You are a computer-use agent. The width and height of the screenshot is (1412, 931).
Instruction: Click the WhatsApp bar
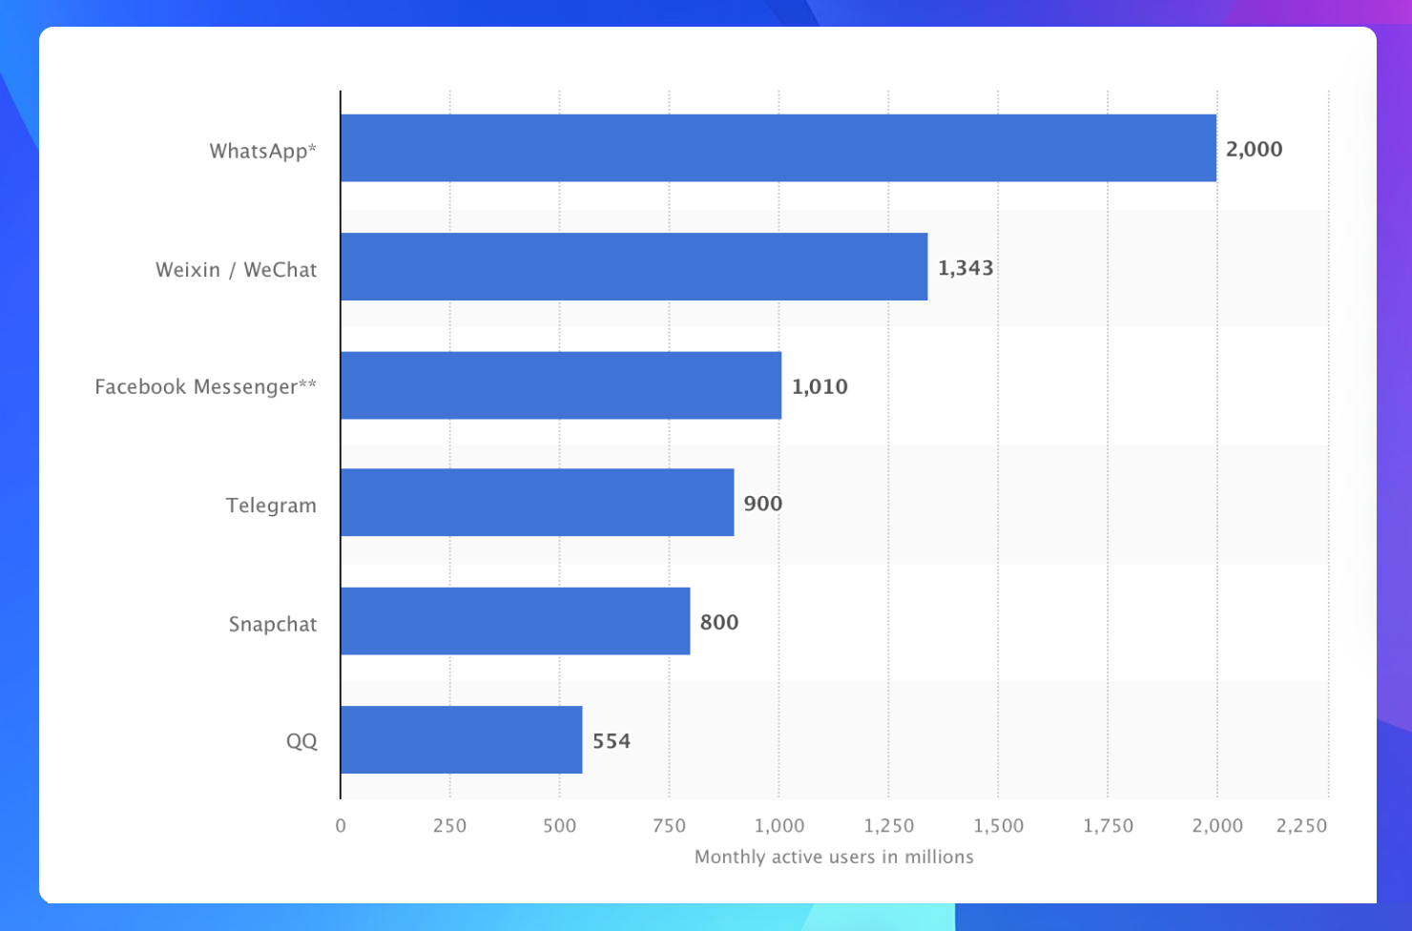778,148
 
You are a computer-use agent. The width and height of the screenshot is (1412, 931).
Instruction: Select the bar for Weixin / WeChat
633,267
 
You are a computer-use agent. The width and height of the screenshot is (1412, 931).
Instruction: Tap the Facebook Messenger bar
561,385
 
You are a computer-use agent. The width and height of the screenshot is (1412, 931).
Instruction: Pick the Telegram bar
537,503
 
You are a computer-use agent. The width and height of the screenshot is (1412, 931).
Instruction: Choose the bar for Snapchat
515,621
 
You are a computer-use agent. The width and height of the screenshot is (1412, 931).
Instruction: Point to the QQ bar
461,740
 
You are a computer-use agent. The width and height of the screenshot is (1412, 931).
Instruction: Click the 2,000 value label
1254,149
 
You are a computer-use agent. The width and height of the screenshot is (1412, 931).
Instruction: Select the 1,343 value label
966,268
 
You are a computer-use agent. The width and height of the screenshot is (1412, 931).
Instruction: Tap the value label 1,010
820,386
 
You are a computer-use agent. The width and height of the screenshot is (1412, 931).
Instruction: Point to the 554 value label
612,741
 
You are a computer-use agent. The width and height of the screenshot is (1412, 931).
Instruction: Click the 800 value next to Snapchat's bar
719,622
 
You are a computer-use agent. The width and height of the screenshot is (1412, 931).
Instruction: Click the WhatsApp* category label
262,151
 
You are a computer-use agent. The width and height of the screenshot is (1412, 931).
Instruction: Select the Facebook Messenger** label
205,386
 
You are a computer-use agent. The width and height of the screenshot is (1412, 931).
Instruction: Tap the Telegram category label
271,505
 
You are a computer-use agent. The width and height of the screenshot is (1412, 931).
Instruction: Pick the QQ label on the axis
301,741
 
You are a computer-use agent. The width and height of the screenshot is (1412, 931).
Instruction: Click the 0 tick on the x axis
341,826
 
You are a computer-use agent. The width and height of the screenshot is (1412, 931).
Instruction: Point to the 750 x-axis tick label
669,826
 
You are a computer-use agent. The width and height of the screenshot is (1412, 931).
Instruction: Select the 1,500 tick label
998,826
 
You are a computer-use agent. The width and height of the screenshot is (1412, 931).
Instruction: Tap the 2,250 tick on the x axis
1301,826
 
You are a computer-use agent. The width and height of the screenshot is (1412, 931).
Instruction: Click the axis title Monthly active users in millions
834,857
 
